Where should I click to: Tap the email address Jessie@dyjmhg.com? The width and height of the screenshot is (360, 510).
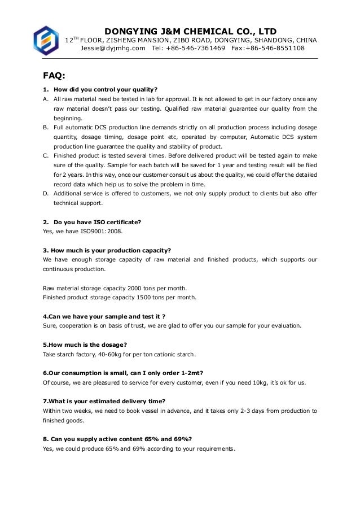113,49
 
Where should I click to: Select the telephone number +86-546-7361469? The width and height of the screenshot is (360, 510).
195,49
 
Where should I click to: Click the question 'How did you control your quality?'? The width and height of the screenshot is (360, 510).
105,89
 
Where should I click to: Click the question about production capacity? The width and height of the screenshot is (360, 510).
107,250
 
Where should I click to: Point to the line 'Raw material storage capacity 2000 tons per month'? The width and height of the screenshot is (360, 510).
115,288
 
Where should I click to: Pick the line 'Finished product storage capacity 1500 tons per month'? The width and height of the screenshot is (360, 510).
120,297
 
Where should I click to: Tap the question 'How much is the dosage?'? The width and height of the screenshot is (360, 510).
85,345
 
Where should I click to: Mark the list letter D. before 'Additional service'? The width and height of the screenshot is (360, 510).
46,193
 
